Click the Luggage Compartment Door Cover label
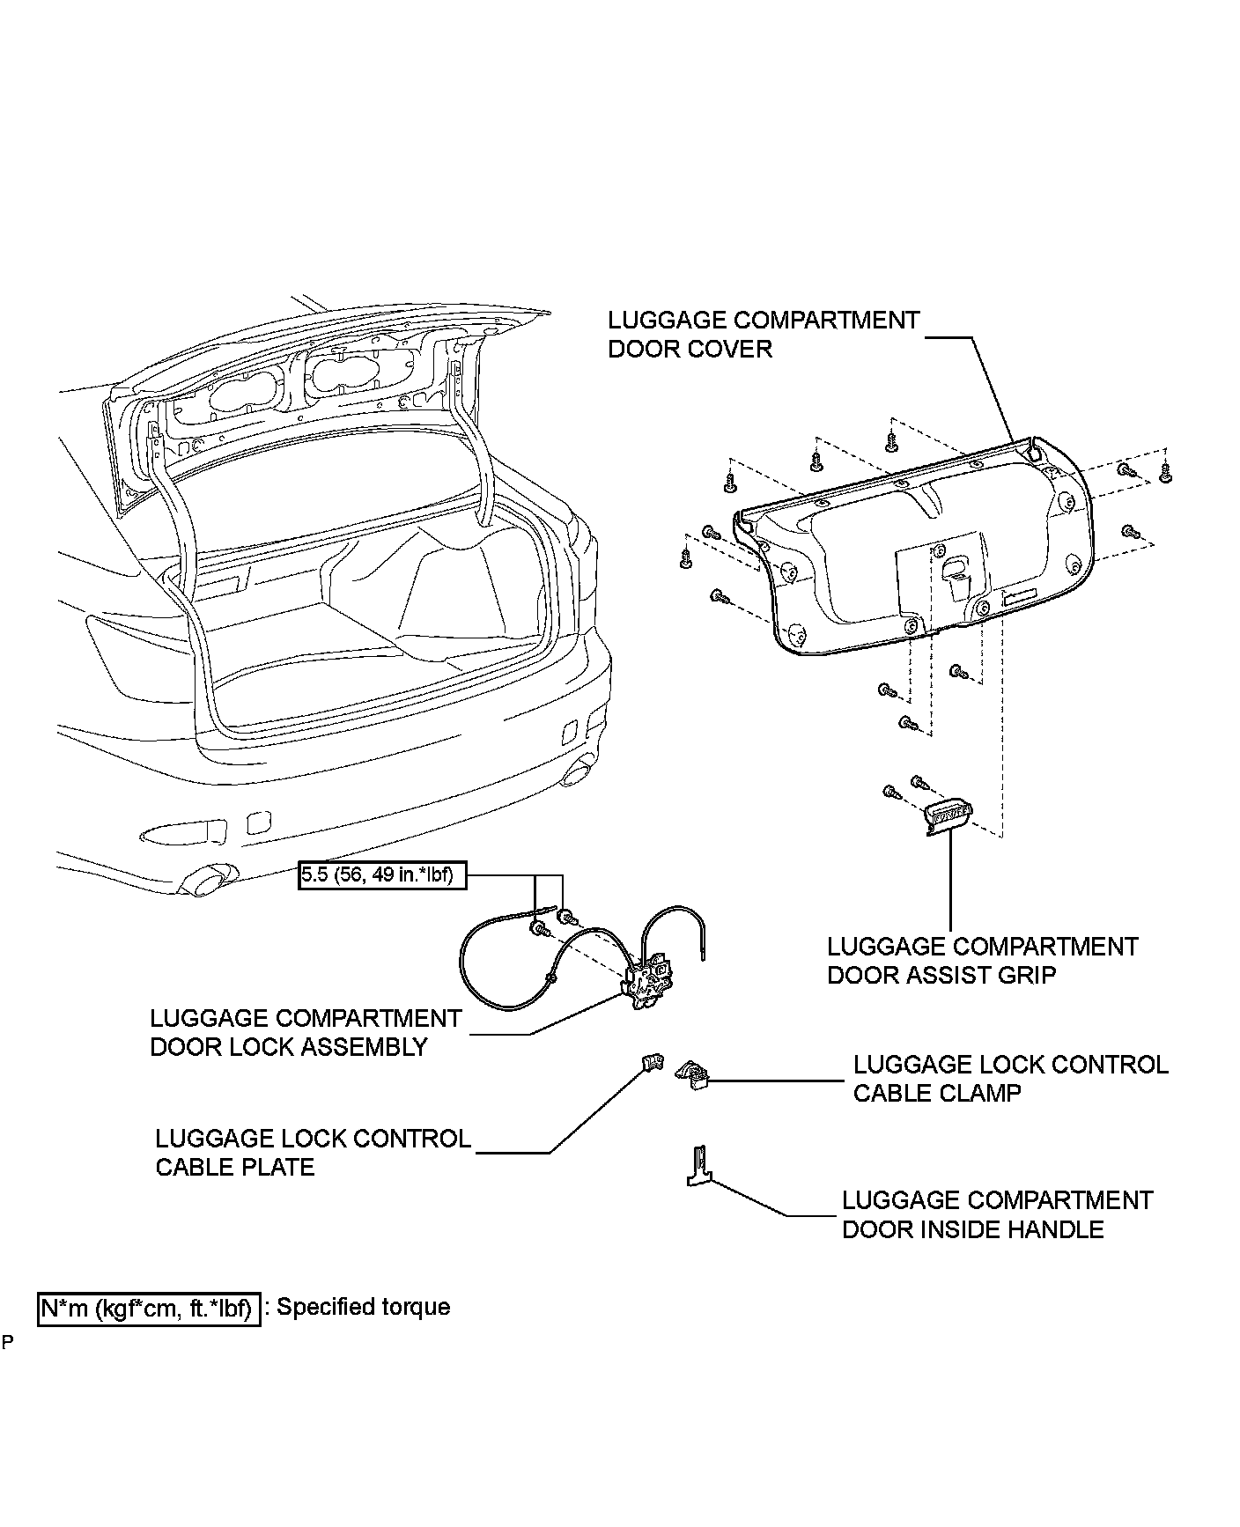click(764, 335)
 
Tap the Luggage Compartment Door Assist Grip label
click(982, 961)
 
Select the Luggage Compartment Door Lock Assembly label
click(306, 1033)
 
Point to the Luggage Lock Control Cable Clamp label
click(1010, 1079)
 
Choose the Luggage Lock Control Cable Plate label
click(313, 1153)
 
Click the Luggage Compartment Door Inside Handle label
click(997, 1214)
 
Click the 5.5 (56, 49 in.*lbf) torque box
click(382, 876)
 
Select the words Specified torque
click(364, 1307)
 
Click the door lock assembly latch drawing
click(648, 984)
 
